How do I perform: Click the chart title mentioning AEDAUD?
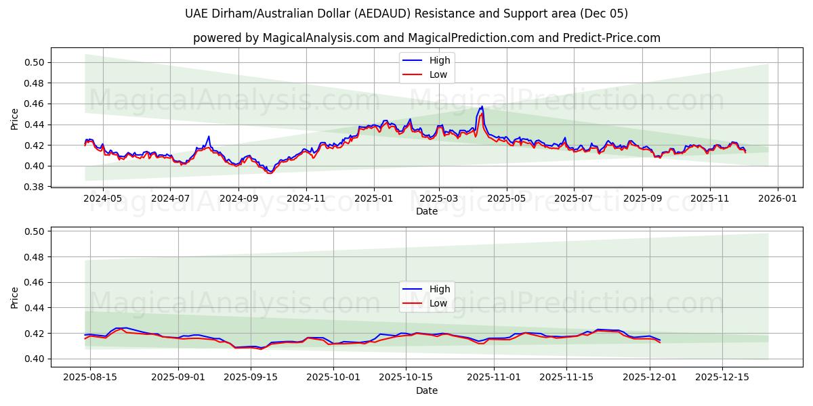(406, 14)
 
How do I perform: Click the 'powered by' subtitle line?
(426, 38)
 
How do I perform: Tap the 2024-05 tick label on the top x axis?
(103, 199)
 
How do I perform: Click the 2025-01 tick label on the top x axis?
(374, 199)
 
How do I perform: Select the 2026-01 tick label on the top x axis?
(777, 199)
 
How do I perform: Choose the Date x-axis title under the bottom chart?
(426, 390)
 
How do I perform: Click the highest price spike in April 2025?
(482, 107)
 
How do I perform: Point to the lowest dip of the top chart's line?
(269, 173)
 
